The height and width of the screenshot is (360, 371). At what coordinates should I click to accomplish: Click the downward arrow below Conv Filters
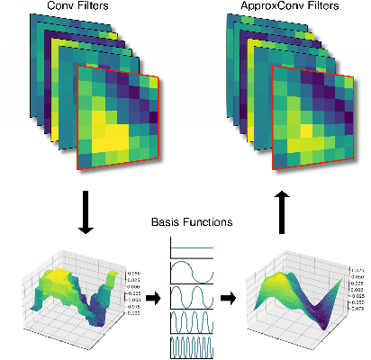pyautogui.click(x=86, y=213)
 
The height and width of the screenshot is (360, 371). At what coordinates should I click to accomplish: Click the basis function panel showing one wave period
pyautogui.click(x=191, y=272)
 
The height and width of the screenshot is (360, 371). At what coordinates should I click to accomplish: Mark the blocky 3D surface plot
pyautogui.click(x=77, y=292)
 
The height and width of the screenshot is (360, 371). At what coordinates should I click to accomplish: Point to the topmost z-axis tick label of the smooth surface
pyautogui.click(x=355, y=269)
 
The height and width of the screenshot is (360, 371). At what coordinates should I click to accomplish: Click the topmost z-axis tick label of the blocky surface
pyautogui.click(x=134, y=272)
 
